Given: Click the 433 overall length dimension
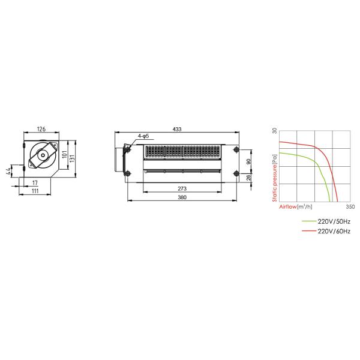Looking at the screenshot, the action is (x=177, y=129).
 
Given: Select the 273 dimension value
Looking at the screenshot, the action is (x=182, y=189).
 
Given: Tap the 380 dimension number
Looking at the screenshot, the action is (x=182, y=197).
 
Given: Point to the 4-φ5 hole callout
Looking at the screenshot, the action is (x=143, y=136).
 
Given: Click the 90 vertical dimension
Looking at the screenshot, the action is (x=248, y=161).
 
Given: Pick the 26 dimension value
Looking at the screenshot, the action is (x=248, y=178).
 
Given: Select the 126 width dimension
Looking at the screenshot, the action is (x=41, y=129).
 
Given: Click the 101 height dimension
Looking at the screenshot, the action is (x=65, y=155).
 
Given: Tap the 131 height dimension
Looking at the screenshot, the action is (x=72, y=158).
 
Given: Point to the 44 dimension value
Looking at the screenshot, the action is (x=8, y=171).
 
